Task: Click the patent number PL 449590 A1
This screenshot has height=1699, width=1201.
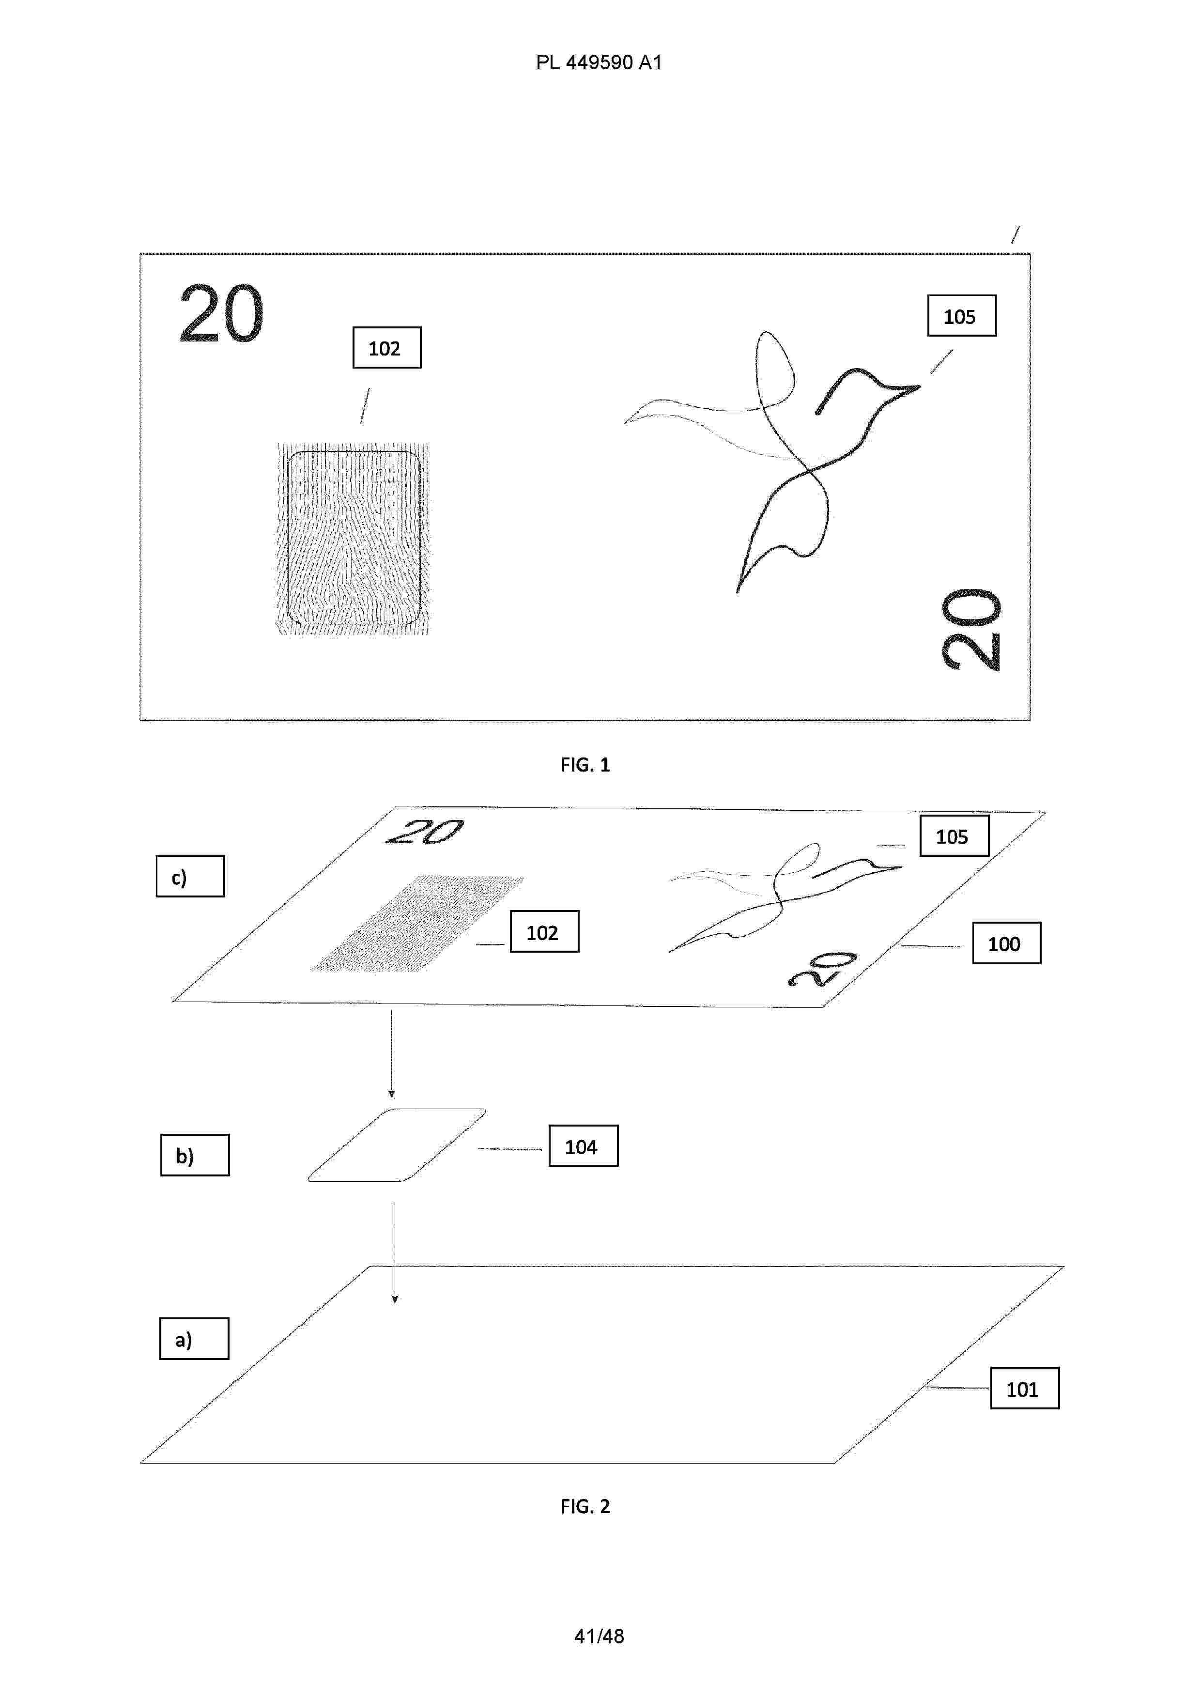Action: pos(599,63)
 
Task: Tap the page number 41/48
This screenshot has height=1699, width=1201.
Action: pos(599,1636)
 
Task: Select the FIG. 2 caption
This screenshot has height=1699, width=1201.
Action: pos(585,1507)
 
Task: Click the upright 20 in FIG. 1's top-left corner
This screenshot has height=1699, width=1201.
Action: pos(221,314)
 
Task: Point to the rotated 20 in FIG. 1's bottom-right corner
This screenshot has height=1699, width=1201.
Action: pos(971,630)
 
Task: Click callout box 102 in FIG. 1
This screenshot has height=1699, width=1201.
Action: pos(387,348)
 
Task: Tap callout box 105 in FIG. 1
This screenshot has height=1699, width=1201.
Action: pos(962,316)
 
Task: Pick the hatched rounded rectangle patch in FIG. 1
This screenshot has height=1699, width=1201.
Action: pos(353,539)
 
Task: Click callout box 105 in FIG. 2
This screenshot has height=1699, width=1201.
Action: pos(955,836)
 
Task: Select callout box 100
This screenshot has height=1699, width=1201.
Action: pos(1006,943)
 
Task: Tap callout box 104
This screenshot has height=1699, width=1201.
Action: pos(583,1146)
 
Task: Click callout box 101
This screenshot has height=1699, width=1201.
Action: pos(1025,1388)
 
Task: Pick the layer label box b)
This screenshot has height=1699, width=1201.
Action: pos(195,1155)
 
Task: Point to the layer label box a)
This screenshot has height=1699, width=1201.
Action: pos(194,1339)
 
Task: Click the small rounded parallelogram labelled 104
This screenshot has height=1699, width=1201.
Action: pos(397,1145)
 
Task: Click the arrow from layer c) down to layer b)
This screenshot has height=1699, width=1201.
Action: pos(391,1054)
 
